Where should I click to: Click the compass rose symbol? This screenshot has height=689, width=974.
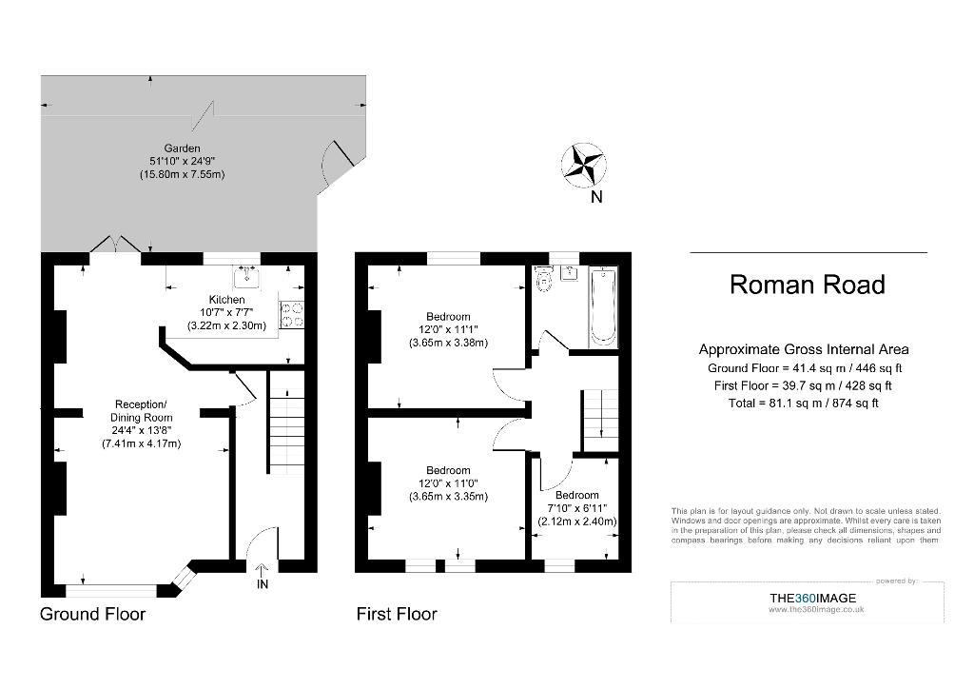[x=583, y=164]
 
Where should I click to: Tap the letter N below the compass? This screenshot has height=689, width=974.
[x=596, y=197]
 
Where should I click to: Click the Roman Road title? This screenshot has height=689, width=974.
[x=807, y=285]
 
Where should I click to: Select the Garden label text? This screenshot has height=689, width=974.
[x=182, y=148]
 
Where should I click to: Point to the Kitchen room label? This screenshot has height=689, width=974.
[x=226, y=300]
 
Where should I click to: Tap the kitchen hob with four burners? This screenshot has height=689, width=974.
[x=291, y=314]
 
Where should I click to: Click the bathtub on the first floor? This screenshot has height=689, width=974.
[x=602, y=305]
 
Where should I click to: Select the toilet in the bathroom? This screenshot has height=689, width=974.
[x=543, y=278]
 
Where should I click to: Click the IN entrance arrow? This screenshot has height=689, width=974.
[x=263, y=570]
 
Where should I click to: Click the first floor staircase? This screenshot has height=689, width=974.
[x=600, y=421]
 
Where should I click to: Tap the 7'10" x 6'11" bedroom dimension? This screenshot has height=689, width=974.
[x=577, y=508]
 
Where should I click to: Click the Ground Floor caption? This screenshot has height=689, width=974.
[x=92, y=614]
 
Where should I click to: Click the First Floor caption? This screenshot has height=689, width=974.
[x=397, y=614]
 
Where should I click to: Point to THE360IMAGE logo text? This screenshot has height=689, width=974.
[x=812, y=599]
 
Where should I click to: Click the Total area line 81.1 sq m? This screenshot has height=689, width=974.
[x=803, y=404]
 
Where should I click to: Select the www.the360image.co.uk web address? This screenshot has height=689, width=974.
[x=815, y=609]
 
